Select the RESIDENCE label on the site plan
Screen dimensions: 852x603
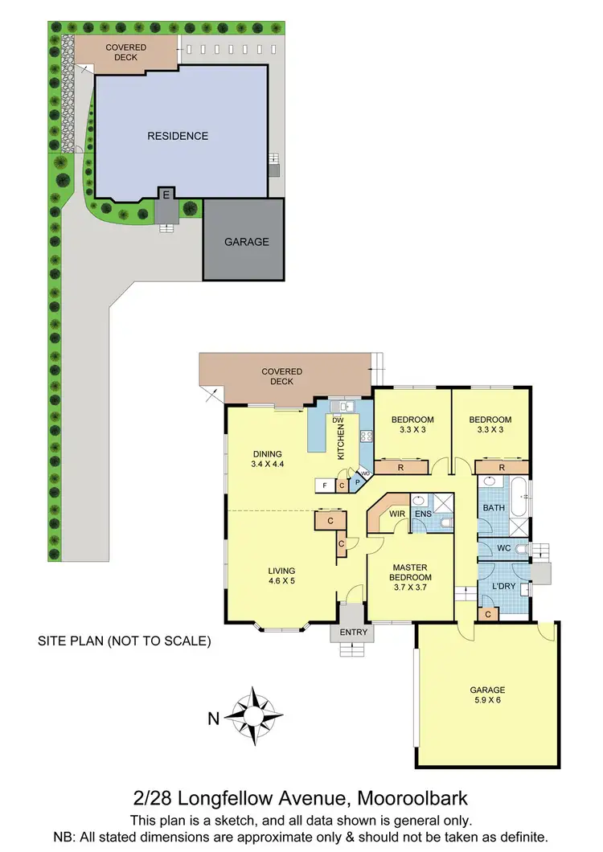point(178,136)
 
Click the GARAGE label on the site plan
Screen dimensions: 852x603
point(246,241)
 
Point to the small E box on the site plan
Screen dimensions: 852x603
point(166,195)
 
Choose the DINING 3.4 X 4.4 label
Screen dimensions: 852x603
point(266,459)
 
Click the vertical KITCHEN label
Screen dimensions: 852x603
point(340,441)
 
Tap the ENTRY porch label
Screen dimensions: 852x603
point(354,633)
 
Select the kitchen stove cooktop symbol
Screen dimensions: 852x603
point(366,436)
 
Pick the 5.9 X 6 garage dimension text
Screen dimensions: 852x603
point(487,701)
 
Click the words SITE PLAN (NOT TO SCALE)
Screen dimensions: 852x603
point(125,641)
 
